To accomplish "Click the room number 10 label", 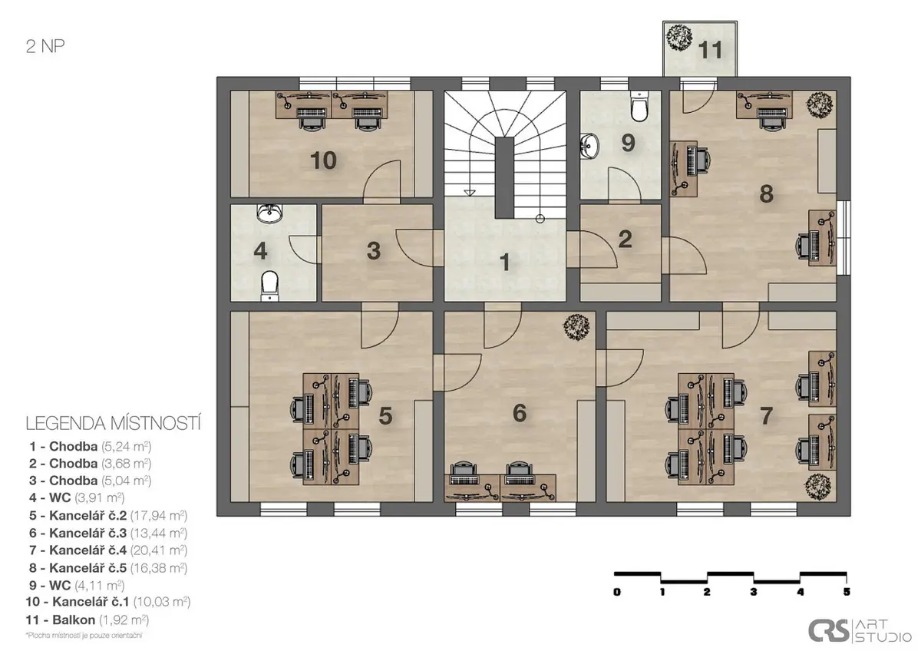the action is tap(323, 160).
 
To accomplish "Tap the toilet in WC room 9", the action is tap(639, 106).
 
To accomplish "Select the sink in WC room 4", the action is tap(269, 213).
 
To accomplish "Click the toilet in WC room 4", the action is tap(269, 286).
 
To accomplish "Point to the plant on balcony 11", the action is tap(678, 38).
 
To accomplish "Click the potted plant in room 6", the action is tap(576, 327).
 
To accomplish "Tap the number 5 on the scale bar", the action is tap(846, 592).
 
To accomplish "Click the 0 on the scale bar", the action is tap(617, 592).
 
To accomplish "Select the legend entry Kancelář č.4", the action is tap(108, 550).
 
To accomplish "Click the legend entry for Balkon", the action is tap(87, 620).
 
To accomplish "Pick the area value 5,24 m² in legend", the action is tap(126, 446).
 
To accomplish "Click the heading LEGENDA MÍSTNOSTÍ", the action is tap(113, 424).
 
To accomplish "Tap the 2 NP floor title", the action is tap(45, 46).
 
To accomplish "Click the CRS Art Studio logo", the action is tap(860, 630).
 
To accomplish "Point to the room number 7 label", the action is tap(766, 416).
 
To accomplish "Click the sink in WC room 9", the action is tap(589, 146).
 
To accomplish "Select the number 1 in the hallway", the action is tap(505, 262).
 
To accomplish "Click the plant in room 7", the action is tap(818, 487).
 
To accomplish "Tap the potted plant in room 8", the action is tap(820, 105).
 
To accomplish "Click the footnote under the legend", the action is tap(84, 636).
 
